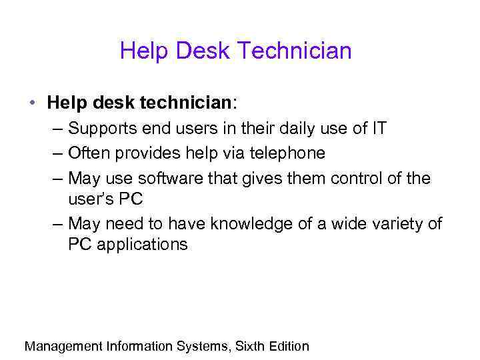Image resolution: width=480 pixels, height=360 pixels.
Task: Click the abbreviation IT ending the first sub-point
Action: pyautogui.click(x=378, y=128)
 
